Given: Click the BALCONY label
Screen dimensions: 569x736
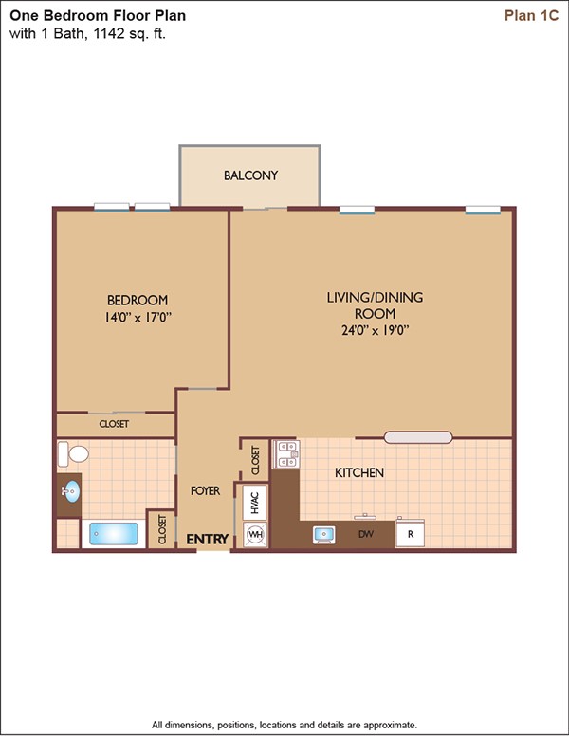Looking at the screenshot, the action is (250, 175).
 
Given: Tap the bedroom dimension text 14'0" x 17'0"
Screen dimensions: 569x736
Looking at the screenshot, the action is (138, 318).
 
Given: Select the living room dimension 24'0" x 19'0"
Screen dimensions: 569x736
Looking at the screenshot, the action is (376, 330).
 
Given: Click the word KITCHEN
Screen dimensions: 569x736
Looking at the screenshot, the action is (359, 472).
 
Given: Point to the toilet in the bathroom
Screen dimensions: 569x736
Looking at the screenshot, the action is (73, 454).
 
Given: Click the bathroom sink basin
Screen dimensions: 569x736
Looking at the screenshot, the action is (71, 491).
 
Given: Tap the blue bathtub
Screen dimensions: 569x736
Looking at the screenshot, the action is (114, 535).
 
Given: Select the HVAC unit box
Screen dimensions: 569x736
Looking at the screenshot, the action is (255, 503).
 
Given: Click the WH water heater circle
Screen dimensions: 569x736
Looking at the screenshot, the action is (255, 534).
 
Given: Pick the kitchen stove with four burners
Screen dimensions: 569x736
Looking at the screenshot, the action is (286, 454).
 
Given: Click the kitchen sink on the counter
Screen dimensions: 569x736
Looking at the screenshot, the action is (324, 535).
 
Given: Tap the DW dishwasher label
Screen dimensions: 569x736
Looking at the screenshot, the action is (366, 534).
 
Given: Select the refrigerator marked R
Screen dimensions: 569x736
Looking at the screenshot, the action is (410, 533).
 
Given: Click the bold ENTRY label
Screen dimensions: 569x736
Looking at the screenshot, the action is (208, 540).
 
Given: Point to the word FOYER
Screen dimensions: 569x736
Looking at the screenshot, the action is (205, 491).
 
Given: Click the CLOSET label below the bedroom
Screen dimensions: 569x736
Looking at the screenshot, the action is (114, 424).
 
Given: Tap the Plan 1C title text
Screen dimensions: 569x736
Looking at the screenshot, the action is (531, 15).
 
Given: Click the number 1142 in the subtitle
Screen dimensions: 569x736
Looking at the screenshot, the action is (109, 33).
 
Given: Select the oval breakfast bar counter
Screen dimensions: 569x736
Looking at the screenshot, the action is (418, 437).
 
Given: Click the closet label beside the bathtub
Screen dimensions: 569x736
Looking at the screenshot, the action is (162, 529).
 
